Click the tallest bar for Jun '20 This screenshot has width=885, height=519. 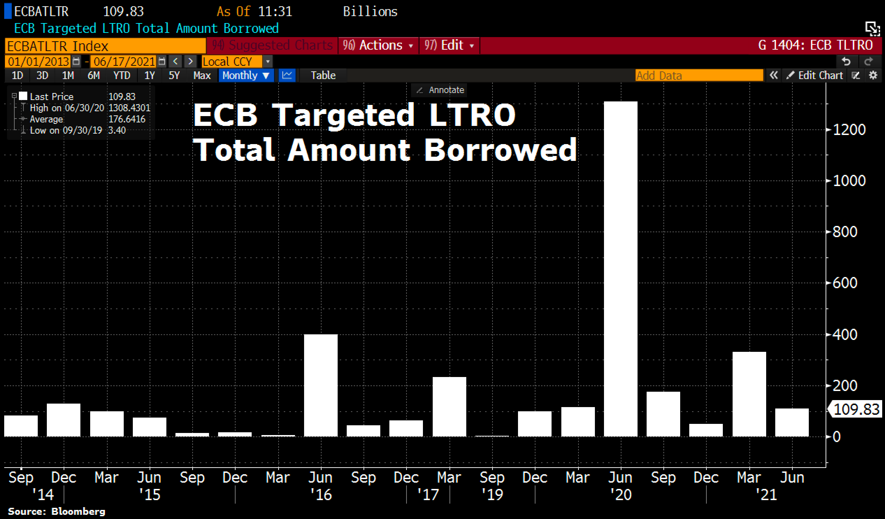tap(620, 269)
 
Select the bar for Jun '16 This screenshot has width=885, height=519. tap(321, 385)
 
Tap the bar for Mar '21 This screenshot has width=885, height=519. tap(749, 394)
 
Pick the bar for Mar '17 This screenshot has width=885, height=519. tap(449, 406)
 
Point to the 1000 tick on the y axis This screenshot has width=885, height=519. tap(849, 181)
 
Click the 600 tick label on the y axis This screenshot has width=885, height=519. tap(844, 283)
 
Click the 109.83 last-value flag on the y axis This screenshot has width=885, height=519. tap(856, 410)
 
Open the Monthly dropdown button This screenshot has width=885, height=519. tap(245, 76)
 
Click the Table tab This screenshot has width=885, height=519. tap(323, 76)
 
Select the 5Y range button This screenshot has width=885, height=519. tap(174, 76)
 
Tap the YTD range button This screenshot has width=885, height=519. tap(122, 76)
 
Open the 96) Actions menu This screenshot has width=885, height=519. tap(378, 45)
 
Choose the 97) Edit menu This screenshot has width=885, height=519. tap(449, 45)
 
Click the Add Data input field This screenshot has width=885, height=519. tap(698, 76)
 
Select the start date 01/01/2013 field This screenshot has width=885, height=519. tap(38, 62)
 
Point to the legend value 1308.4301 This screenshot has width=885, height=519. tap(129, 108)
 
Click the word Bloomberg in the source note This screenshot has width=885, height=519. tap(78, 512)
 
